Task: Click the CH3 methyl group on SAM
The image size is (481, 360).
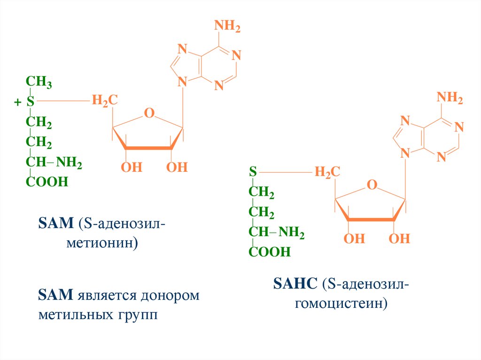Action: click(39, 83)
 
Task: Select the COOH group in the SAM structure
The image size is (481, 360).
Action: click(47, 182)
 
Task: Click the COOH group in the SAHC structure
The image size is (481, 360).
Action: click(270, 252)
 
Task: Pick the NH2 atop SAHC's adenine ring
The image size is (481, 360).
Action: click(450, 98)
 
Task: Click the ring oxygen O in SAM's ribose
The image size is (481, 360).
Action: click(149, 113)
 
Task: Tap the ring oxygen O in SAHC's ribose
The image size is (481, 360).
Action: click(372, 185)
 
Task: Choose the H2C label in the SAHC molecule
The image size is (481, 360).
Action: click(327, 172)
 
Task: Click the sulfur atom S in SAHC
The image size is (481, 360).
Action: click(253, 172)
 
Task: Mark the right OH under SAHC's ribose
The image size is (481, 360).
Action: click(399, 239)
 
